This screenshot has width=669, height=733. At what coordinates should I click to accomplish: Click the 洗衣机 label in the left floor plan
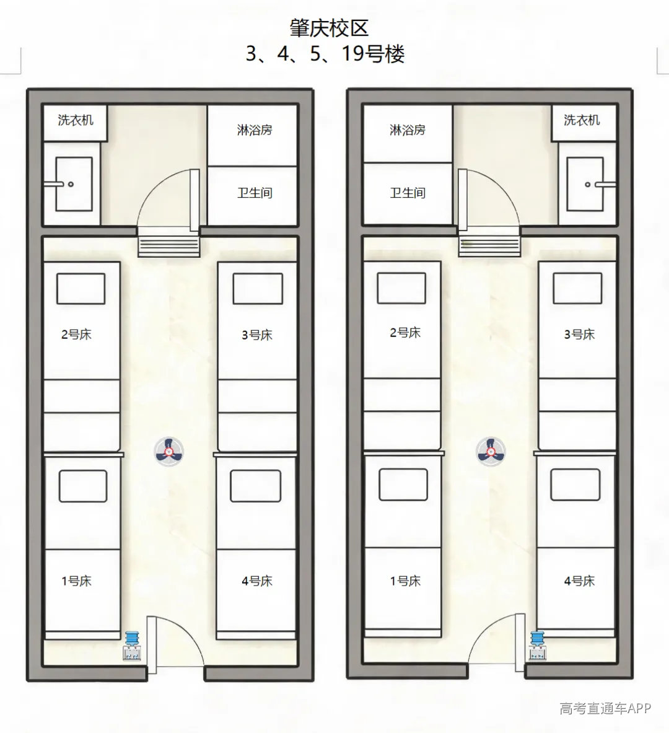[76, 120]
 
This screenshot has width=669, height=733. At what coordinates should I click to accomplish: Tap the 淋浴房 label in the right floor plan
[407, 129]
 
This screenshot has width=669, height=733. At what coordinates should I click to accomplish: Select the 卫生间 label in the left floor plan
[255, 193]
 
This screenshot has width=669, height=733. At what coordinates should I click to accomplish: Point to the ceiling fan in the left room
[168, 452]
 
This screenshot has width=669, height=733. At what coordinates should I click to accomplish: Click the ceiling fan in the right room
[491, 452]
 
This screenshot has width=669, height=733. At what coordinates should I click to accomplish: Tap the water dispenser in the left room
[132, 646]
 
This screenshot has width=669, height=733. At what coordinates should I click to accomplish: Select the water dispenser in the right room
[537, 646]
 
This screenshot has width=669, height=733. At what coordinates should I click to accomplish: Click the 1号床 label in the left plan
[76, 581]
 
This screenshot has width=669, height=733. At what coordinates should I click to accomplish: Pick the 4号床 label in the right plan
[579, 581]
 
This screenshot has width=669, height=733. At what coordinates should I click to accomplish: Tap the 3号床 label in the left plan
[256, 335]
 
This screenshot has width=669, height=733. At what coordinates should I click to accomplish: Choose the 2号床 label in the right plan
[405, 332]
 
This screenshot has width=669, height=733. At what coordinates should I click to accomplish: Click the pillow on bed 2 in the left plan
[81, 289]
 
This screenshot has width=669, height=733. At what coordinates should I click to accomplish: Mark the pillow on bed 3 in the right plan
[577, 289]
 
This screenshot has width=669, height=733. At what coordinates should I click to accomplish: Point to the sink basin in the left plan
[74, 184]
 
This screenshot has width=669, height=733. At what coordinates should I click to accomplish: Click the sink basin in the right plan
[585, 184]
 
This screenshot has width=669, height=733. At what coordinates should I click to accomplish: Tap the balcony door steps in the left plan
[168, 247]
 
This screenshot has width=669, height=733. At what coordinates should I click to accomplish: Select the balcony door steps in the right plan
[489, 247]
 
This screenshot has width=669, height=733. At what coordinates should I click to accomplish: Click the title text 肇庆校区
[329, 28]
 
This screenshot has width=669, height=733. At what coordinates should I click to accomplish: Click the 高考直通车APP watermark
[605, 708]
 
